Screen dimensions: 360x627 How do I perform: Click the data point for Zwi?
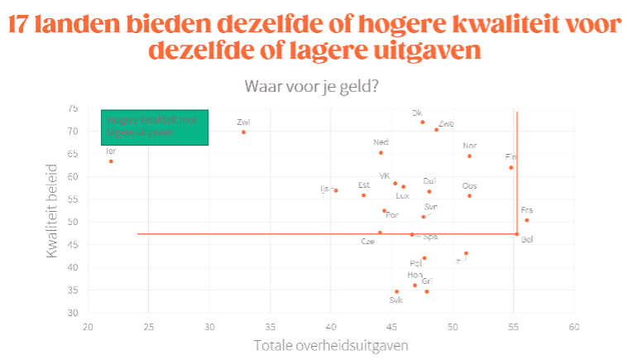243,132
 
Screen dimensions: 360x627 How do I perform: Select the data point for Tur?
111,161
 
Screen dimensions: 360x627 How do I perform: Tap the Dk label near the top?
417,113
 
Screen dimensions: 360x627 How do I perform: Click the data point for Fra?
527,220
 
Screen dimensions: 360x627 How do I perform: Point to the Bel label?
527,239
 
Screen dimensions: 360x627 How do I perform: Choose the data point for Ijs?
336,190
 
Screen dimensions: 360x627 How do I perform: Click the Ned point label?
381,142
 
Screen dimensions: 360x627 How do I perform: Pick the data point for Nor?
469,156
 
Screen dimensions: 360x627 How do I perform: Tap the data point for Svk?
397,291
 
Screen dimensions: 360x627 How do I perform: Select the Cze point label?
367,242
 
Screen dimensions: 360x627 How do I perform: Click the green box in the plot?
155,127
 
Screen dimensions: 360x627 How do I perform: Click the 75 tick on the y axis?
73,108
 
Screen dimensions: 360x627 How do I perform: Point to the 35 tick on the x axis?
270,327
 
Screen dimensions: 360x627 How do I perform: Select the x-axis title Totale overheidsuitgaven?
331,344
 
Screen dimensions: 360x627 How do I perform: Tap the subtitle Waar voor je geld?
311,86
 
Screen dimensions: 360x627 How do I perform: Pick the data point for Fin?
511,167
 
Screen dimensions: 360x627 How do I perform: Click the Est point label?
363,185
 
